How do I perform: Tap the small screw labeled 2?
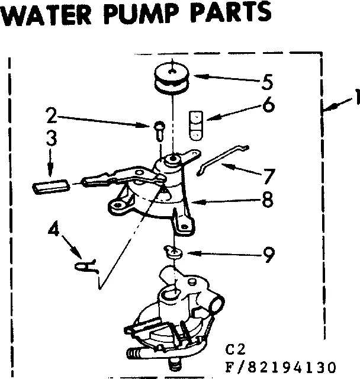[x=159, y=129]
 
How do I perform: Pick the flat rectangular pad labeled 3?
[x=51, y=186]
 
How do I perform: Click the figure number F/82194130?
[x=282, y=365]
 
